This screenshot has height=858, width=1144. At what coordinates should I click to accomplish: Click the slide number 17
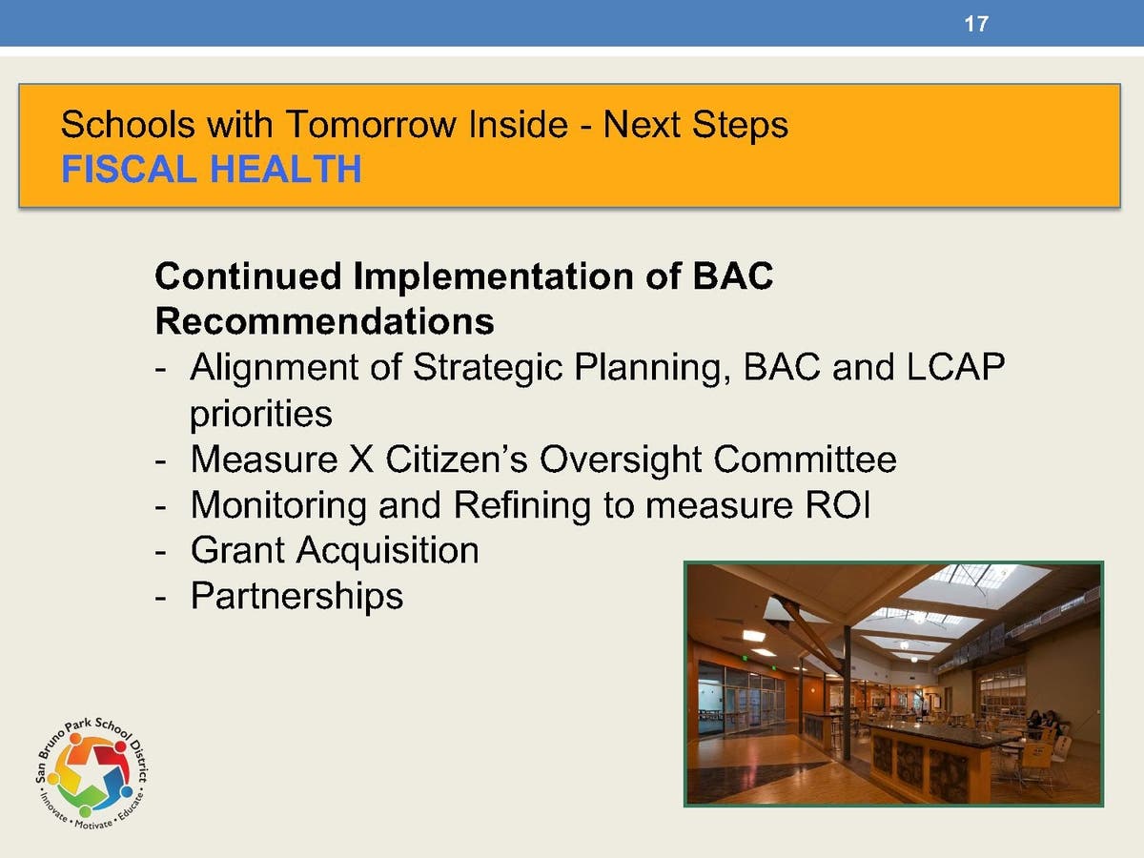click(976, 24)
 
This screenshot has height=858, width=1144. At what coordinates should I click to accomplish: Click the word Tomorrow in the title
click(371, 125)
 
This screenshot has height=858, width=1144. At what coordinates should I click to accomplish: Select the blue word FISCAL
click(130, 169)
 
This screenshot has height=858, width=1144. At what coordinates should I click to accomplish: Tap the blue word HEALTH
click(286, 169)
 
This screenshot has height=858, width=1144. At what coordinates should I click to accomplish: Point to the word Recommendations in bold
click(325, 321)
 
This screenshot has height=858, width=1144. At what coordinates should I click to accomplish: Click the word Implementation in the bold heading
click(494, 276)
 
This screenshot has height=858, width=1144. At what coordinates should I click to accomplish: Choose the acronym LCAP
click(956, 367)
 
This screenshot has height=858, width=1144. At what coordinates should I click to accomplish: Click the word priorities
click(261, 414)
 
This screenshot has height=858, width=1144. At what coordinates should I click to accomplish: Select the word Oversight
click(621, 460)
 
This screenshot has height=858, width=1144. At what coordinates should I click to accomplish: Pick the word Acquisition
click(388, 551)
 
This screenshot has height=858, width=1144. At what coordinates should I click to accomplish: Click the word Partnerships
click(297, 596)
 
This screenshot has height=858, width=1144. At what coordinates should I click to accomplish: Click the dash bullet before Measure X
click(160, 462)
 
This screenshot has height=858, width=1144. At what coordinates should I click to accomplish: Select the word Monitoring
click(278, 505)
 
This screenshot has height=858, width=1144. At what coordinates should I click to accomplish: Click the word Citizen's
click(457, 459)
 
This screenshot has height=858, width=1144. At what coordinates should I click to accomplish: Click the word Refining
click(522, 505)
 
